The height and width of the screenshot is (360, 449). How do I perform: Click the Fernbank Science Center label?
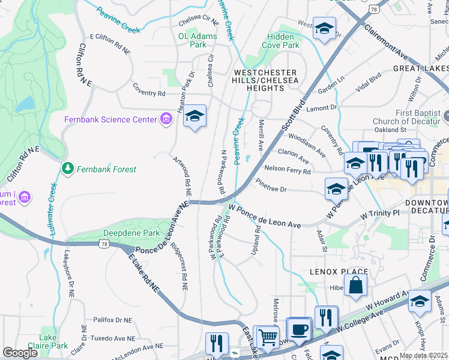[110, 119]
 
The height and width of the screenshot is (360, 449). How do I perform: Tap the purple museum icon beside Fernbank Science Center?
[166, 119]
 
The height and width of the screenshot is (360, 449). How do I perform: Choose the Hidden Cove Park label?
[283, 41]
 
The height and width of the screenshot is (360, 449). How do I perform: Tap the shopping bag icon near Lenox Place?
[356, 286]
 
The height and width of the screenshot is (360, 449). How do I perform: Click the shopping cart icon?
[268, 337]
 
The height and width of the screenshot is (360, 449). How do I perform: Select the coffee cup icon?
[298, 329]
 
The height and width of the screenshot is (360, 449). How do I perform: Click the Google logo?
[20, 353]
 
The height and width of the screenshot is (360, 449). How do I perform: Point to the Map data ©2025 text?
[423, 355]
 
